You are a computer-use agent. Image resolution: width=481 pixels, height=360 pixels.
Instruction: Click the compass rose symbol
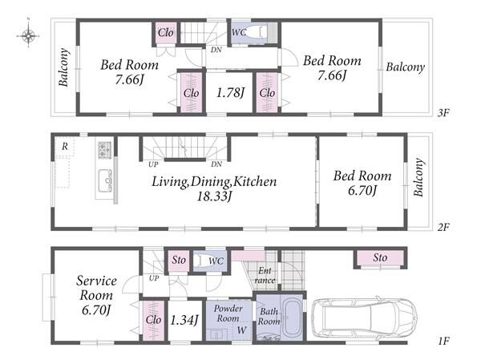click(28, 35)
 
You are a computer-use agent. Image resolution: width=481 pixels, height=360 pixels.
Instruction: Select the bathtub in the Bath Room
click(291, 318)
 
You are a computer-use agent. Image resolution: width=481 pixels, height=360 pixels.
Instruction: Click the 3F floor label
click(443, 113)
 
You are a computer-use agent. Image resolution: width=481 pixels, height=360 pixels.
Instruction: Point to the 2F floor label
click(443, 227)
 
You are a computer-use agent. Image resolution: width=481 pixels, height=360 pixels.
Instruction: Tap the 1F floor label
click(443, 341)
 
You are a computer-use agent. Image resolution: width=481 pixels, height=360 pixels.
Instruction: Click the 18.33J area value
click(214, 196)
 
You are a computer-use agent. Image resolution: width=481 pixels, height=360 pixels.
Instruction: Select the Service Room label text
click(96, 288)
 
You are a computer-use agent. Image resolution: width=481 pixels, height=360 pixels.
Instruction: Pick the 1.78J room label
click(230, 92)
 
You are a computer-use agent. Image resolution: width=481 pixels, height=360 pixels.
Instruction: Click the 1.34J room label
click(184, 320)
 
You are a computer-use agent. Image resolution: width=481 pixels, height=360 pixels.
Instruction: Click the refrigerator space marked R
click(65, 147)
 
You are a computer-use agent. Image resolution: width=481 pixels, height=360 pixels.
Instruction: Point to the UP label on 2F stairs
click(153, 164)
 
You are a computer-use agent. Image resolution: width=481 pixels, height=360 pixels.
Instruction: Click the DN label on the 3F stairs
click(216, 50)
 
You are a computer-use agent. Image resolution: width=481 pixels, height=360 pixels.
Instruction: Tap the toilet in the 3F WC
click(257, 32)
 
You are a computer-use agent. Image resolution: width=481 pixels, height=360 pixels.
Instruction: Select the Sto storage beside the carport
click(380, 258)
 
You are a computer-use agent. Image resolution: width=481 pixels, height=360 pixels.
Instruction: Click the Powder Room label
click(228, 313)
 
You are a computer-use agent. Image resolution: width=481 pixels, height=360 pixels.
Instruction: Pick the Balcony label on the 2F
click(418, 176)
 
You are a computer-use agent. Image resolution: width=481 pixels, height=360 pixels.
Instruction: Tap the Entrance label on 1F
click(265, 275)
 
